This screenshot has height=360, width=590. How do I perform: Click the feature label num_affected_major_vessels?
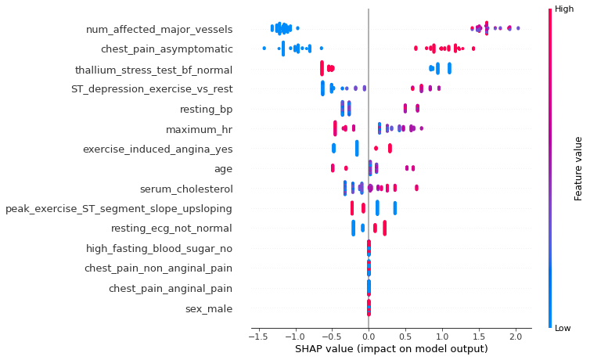point(159,30)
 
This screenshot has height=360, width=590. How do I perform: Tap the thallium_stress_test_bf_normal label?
point(153,70)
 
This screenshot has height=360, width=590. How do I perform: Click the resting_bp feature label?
point(206,109)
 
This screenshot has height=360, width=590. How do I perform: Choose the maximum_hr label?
point(199,129)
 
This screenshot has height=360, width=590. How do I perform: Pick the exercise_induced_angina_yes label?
point(157,149)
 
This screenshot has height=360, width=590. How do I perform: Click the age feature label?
point(222,168)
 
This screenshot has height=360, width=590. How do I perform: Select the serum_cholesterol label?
point(185,189)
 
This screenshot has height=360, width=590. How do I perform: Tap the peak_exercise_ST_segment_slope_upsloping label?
point(118,209)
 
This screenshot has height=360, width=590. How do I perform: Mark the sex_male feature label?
point(208,308)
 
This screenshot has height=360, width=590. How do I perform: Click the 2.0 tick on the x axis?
point(515,336)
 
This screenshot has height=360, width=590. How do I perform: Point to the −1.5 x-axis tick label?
point(255,336)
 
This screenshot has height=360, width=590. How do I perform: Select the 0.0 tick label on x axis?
point(369,336)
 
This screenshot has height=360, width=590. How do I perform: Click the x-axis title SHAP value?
point(390,349)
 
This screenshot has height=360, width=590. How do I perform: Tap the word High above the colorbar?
point(564,9)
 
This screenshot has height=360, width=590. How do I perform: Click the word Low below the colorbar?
point(563,329)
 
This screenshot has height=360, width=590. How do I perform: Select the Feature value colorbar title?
point(578,168)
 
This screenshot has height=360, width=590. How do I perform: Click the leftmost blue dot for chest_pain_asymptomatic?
point(264,49)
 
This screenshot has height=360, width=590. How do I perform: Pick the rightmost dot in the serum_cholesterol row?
point(416,188)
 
